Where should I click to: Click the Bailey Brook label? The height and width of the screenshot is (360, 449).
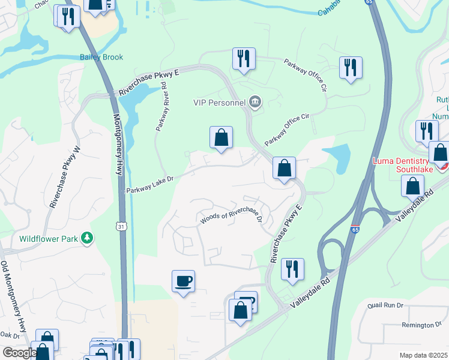click(x=101, y=58)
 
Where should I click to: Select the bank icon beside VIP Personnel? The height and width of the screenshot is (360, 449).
click(x=255, y=102)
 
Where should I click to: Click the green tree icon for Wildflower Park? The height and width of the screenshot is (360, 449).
click(x=88, y=238)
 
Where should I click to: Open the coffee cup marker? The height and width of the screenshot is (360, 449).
click(x=183, y=280)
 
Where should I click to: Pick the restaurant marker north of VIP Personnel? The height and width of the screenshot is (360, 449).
click(x=244, y=59)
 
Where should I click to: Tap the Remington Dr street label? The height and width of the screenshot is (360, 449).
click(x=421, y=325)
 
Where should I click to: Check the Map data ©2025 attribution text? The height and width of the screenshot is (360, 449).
click(x=423, y=355)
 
